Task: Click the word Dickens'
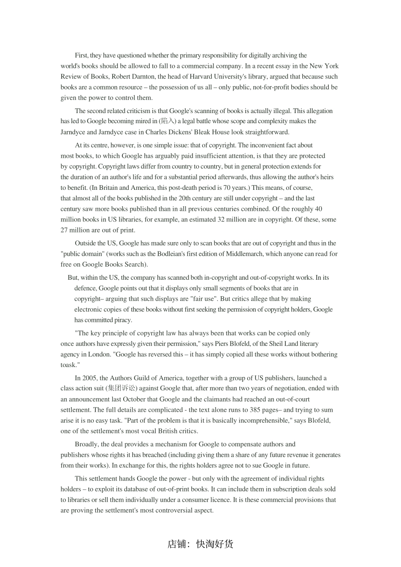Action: click(181, 132)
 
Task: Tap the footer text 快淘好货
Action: click(215, 544)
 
